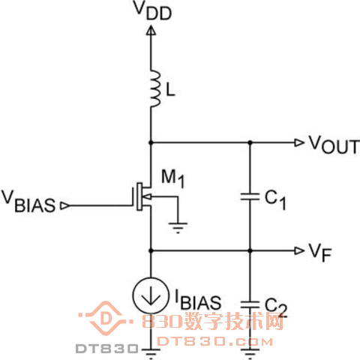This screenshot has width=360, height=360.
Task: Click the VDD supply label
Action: (153, 10)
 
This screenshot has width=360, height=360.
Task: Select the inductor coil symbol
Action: (155, 89)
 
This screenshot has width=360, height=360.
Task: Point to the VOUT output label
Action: (334, 145)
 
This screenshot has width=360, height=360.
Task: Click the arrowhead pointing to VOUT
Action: (299, 142)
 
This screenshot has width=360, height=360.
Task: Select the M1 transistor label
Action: (173, 178)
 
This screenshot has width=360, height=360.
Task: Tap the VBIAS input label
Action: (28, 202)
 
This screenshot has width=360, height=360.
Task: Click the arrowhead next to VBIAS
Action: (65, 205)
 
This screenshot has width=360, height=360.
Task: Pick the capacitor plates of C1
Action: (250, 196)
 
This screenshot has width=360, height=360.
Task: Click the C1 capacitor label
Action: (275, 200)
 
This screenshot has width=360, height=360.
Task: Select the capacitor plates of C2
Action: (250, 304)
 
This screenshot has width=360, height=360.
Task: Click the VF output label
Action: (320, 252)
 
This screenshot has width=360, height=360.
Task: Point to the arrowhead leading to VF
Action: (299, 250)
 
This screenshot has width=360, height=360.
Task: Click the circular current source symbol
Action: (151, 295)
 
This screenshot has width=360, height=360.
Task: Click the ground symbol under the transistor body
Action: (178, 227)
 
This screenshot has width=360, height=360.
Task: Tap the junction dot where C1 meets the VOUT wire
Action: (250, 142)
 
